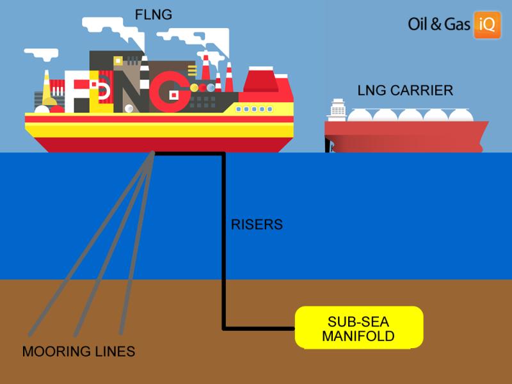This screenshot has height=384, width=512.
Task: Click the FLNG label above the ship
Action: point(154,15)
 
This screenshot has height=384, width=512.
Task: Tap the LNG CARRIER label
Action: point(405,90)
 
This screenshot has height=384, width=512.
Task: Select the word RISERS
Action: point(257,225)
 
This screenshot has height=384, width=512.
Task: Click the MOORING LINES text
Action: point(79,351)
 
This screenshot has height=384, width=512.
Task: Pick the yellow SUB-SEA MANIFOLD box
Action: point(359,328)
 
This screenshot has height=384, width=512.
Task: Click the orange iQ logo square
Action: point(487,25)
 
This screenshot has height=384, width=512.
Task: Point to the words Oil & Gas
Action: point(439,24)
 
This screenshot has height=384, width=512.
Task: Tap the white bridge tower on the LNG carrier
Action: point(337,110)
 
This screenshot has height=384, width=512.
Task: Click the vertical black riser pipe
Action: point(223,241)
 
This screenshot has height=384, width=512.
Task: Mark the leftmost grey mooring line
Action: point(91,243)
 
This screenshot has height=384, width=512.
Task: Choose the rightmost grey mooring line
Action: point(137,243)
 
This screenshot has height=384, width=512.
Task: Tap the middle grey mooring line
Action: point(114,243)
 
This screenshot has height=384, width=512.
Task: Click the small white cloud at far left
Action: point(42,54)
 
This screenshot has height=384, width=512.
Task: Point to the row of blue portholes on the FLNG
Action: point(254,109)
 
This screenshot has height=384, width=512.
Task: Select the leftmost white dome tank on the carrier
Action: point(359,115)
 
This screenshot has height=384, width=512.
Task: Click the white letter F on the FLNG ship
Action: point(77,92)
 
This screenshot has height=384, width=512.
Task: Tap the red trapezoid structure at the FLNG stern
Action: point(260,79)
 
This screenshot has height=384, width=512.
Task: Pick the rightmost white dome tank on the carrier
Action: point(461,115)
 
